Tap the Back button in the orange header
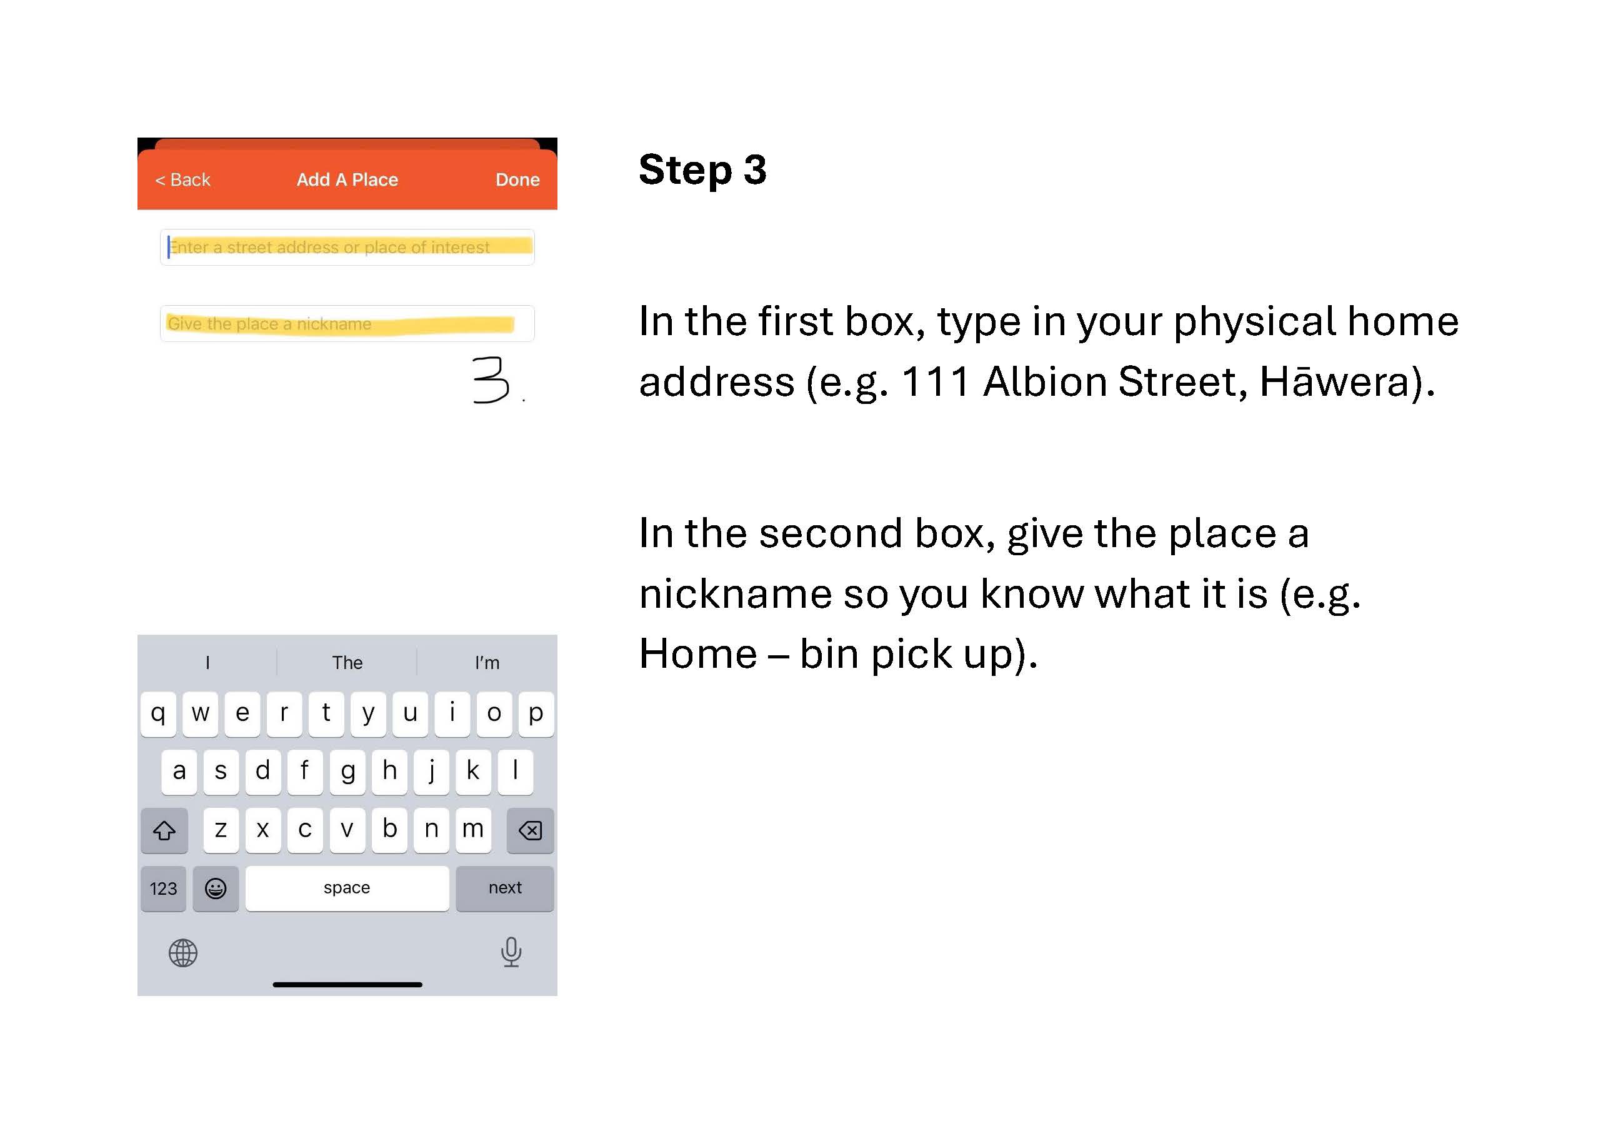pyautogui.click(x=182, y=180)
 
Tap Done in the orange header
pyautogui.click(x=517, y=180)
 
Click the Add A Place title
pyautogui.click(x=347, y=180)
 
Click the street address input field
pyautogui.click(x=347, y=248)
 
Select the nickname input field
pyautogui.click(x=347, y=324)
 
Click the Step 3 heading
pyautogui.click(x=702, y=170)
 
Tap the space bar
pyautogui.click(x=347, y=889)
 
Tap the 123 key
pyautogui.click(x=163, y=889)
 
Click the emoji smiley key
pyautogui.click(x=216, y=889)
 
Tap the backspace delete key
pyautogui.click(x=530, y=830)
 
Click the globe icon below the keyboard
pyautogui.click(x=184, y=953)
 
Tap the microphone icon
pyautogui.click(x=511, y=952)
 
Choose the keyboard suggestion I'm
pyautogui.click(x=487, y=663)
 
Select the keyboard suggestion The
pyautogui.click(x=347, y=663)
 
